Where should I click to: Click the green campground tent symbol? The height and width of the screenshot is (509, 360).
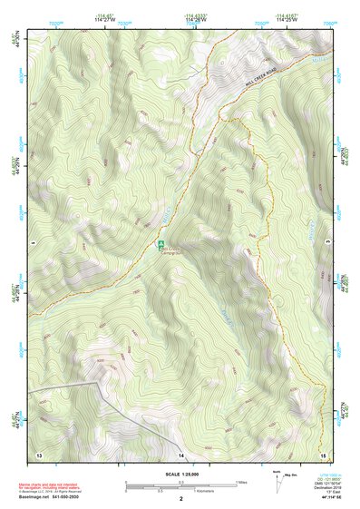(161, 244)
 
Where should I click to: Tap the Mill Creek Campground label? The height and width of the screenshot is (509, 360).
(172, 250)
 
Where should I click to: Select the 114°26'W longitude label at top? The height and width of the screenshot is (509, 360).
(194, 21)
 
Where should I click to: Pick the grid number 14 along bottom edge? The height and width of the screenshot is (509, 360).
(180, 452)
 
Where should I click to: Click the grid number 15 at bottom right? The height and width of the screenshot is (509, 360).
(322, 452)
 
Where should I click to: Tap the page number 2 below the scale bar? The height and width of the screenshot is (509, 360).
(180, 498)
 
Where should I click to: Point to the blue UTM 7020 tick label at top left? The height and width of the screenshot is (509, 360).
(59, 21)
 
